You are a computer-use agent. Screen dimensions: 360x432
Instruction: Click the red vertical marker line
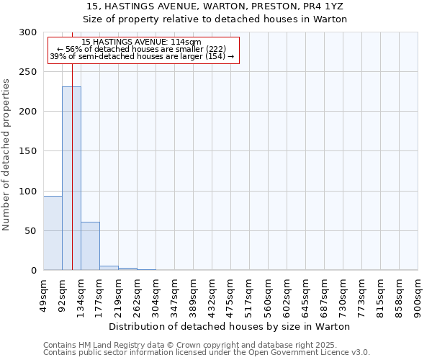pos(73,144)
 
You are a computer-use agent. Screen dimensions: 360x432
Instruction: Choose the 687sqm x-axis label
pos(325,292)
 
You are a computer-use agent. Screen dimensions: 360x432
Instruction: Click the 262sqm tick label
pos(138,292)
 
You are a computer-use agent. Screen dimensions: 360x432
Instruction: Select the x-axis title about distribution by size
pos(230,326)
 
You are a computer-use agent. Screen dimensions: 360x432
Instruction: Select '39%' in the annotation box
pos(58,56)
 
